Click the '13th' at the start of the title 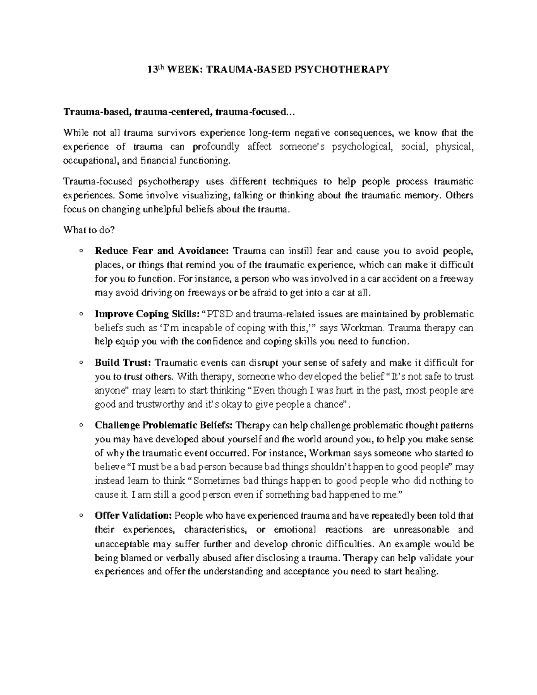point(156,69)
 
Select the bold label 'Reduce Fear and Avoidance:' point(162,250)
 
